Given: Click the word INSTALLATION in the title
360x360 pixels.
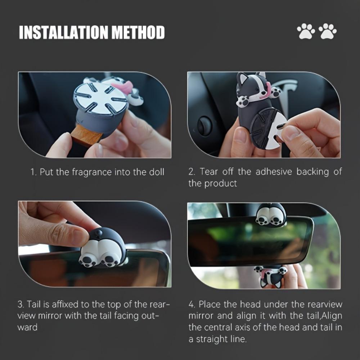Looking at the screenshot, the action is click(63, 32).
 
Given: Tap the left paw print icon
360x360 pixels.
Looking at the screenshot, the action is click(306, 31).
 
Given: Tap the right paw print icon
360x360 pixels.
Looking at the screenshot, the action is click(328, 31).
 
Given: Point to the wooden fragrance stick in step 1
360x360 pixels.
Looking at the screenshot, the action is click(86, 135).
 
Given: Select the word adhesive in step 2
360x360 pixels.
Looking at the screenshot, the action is click(274, 171).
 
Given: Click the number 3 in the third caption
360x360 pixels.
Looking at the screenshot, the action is click(20, 305).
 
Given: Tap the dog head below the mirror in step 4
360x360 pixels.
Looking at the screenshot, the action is click(271, 276).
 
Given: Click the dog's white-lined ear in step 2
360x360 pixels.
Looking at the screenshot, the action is click(242, 78).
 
